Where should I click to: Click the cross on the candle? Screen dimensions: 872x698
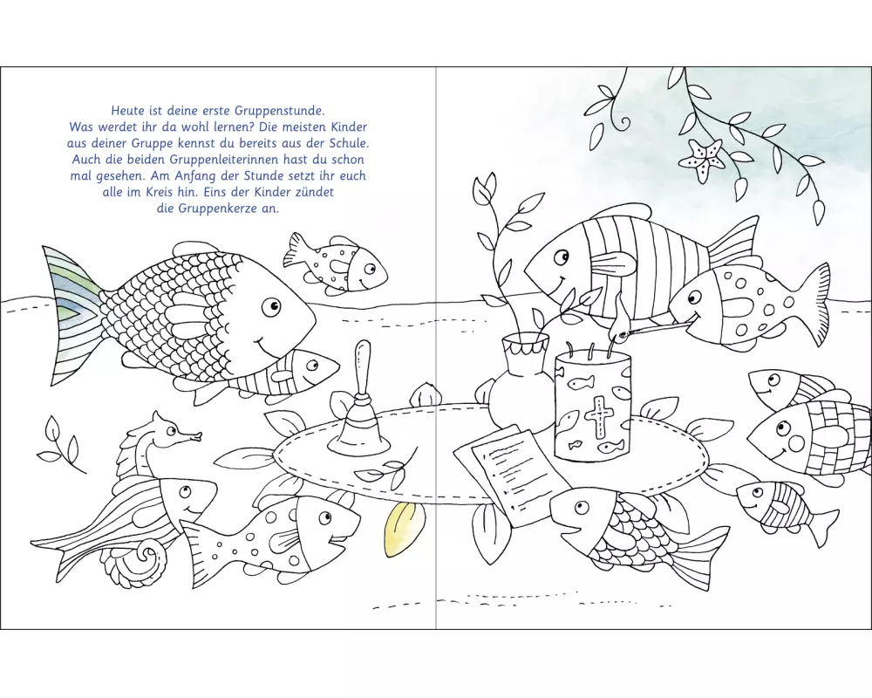point(598,415)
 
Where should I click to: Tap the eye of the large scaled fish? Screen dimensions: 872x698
point(272,305)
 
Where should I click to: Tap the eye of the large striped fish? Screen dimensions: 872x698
point(562,257)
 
